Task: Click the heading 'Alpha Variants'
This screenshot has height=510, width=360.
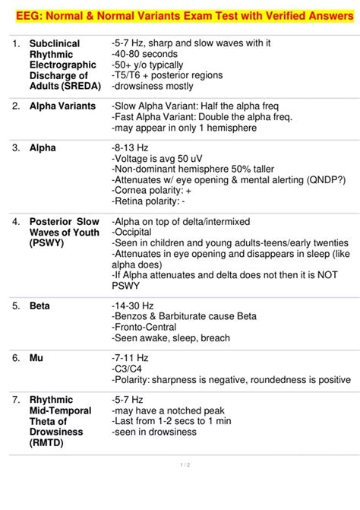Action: point(62,106)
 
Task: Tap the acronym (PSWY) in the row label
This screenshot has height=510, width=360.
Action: point(47,243)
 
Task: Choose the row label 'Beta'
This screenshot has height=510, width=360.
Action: point(39,306)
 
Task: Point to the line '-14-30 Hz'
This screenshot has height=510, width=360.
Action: point(134,306)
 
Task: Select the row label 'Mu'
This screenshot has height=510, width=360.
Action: point(36,357)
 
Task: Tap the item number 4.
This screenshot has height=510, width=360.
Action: point(14,222)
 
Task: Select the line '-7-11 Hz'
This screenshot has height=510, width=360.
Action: point(131,357)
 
